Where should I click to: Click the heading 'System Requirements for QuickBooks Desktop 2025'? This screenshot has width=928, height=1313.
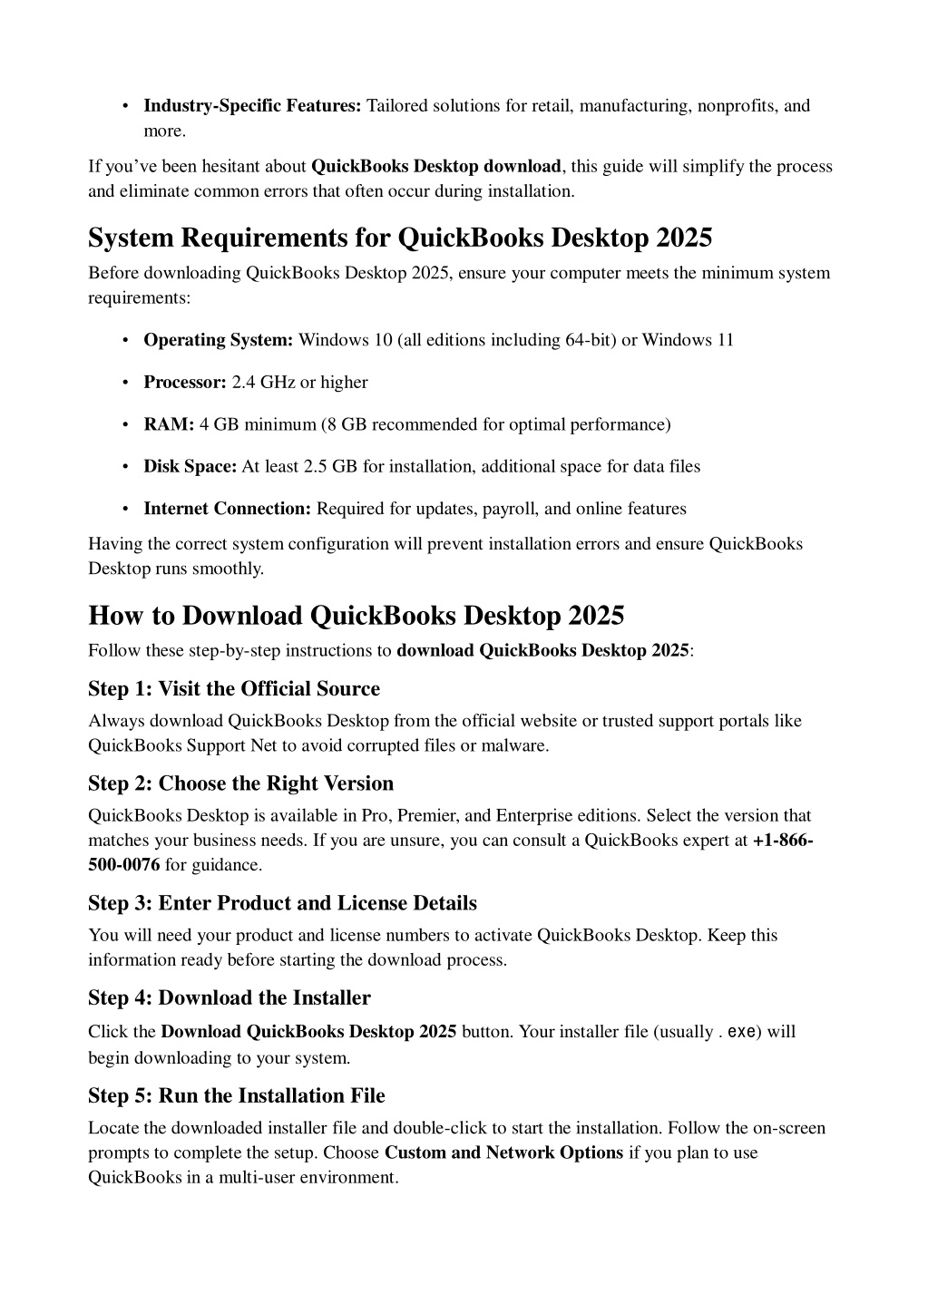(x=400, y=238)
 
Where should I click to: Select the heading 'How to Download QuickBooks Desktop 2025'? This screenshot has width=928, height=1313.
(x=356, y=616)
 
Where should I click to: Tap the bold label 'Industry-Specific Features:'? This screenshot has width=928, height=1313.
(x=252, y=106)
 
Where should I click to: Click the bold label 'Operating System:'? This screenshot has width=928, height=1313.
(x=218, y=340)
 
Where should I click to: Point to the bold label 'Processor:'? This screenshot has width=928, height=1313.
(x=184, y=383)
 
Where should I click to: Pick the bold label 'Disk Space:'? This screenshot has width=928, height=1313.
(x=190, y=467)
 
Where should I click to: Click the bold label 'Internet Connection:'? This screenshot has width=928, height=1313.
(x=227, y=509)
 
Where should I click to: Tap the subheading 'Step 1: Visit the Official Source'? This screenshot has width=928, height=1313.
(x=234, y=689)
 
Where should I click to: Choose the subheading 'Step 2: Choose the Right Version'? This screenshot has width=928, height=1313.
(x=240, y=783)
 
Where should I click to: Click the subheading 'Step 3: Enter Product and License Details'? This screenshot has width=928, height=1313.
(x=282, y=903)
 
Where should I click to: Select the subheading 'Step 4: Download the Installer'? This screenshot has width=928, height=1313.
(x=229, y=998)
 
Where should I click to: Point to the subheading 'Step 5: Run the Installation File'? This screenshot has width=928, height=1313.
(x=236, y=1096)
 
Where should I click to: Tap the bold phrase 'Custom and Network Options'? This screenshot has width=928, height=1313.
(x=503, y=1153)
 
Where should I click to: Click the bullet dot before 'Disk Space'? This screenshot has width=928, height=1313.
(x=122, y=467)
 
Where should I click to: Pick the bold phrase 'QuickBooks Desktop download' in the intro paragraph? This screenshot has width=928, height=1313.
(x=435, y=167)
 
